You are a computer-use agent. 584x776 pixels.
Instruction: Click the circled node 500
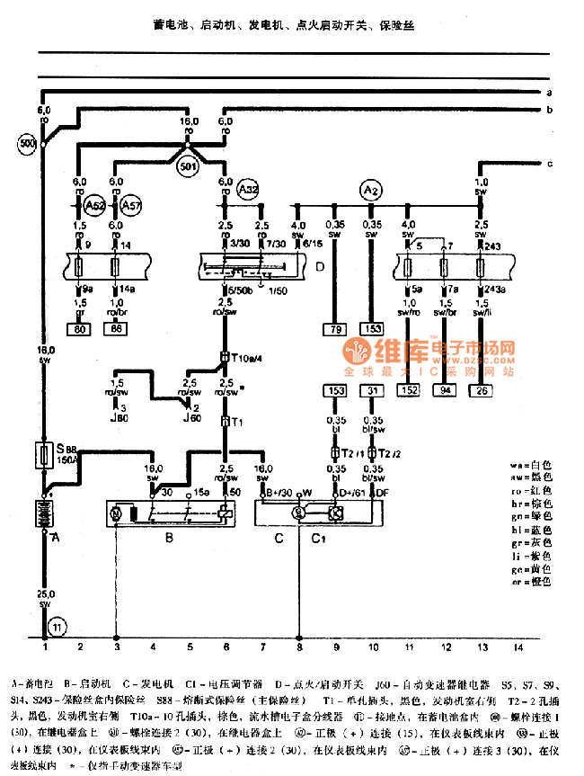(x=27, y=143)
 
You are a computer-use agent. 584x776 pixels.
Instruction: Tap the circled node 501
(x=188, y=166)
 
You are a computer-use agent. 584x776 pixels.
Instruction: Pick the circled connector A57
(x=131, y=203)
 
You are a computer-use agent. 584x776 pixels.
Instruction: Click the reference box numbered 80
(x=81, y=329)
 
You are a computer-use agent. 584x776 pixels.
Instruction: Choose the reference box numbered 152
(x=410, y=390)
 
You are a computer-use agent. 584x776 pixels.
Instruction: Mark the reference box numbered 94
(x=447, y=390)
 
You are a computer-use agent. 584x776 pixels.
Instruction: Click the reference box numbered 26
(x=482, y=390)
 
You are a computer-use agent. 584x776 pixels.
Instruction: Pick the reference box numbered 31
(x=371, y=390)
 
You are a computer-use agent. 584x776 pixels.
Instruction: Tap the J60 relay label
(x=190, y=417)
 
